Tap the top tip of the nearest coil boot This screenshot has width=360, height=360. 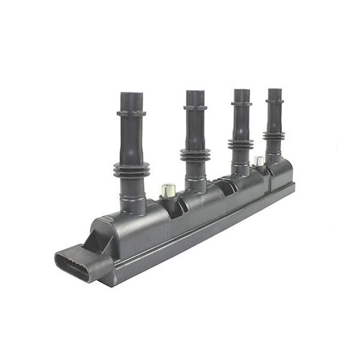tap(131, 95)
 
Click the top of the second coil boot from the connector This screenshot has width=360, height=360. tap(195, 93)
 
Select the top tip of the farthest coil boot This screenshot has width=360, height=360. tap(275, 91)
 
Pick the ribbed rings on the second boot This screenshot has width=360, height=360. tap(196, 154)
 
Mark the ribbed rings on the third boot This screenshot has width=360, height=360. tap(241, 144)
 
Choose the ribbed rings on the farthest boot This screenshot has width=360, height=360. tap(275, 137)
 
